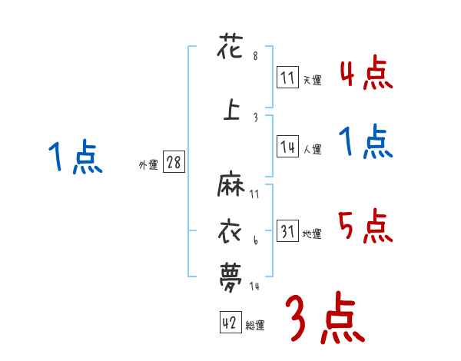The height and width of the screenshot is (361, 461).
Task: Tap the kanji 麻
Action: point(231,187)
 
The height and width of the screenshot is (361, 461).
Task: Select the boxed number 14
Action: point(287,148)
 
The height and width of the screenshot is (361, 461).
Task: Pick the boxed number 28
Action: point(174,164)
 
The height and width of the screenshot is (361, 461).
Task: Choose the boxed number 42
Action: point(230,323)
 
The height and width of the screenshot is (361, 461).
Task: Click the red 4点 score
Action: point(366,74)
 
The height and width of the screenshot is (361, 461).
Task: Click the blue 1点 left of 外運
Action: point(74,158)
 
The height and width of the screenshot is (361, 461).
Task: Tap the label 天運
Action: point(312,79)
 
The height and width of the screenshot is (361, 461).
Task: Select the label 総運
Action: point(255,326)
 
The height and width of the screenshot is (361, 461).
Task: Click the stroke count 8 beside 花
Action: point(255,57)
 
